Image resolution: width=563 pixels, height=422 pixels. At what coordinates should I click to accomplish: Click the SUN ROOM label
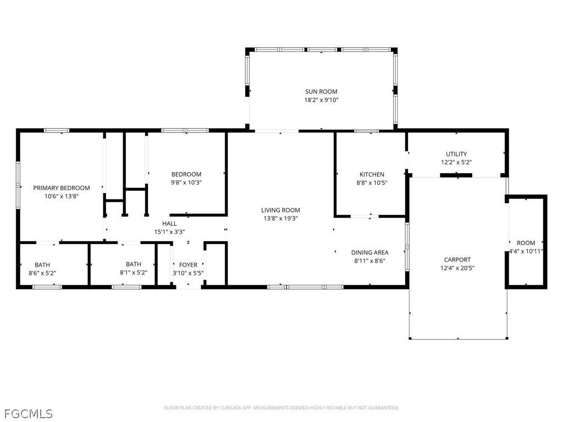(321, 92)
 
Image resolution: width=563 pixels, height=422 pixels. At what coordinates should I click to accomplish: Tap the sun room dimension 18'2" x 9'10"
(321, 100)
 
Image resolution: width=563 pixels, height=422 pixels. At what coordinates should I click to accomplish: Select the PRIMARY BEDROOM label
(62, 188)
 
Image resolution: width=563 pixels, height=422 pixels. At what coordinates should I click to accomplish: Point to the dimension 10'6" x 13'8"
(62, 196)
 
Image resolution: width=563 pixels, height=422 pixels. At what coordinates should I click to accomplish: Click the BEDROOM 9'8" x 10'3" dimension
(186, 182)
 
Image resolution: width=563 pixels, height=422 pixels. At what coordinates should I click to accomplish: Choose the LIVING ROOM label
(280, 210)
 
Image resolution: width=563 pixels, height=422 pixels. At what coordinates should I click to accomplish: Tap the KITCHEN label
(372, 174)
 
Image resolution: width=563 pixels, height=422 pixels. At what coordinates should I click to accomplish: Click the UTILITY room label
(456, 154)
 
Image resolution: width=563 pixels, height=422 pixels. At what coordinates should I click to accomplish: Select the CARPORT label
(457, 259)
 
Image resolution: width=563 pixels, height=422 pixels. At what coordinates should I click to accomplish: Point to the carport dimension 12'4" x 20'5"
(457, 268)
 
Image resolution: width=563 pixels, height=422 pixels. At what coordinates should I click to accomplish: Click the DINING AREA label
(370, 252)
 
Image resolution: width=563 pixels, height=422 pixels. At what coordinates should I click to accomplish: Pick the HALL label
(169, 224)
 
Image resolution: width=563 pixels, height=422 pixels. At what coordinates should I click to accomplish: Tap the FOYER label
(188, 265)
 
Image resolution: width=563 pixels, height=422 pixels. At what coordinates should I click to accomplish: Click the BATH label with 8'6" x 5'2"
(42, 265)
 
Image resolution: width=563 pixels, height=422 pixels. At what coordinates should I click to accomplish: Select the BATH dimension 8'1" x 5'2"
(134, 273)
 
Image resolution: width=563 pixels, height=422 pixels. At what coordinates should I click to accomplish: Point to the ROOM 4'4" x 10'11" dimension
(526, 251)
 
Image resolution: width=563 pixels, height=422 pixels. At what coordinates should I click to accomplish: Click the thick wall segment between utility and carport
(456, 175)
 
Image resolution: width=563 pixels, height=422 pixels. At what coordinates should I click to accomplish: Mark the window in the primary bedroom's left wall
(18, 185)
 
